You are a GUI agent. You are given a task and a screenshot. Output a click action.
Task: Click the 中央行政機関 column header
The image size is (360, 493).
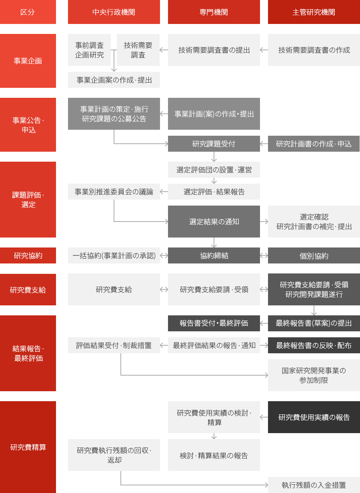tap(114, 12)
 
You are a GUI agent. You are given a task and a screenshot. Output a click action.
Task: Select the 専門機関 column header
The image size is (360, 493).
tap(214, 12)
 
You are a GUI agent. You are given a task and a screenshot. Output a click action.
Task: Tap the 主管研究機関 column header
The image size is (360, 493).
tap(314, 12)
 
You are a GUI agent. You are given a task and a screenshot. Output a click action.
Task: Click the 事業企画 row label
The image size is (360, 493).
tap(28, 61)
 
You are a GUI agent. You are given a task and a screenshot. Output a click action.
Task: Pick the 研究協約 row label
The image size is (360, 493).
tap(28, 255)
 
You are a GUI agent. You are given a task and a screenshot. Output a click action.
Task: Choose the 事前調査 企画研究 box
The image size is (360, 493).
tap(89, 50)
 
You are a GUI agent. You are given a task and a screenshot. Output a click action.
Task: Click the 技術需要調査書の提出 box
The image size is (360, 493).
tap(214, 50)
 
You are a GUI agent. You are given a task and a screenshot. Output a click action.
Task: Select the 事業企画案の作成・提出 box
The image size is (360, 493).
tap(114, 80)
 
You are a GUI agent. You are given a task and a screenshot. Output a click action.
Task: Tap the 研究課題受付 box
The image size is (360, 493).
tap(214, 143)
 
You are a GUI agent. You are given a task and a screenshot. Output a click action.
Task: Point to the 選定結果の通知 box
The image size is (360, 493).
tap(214, 222)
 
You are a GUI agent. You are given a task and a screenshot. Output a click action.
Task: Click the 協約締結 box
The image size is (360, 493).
tap(214, 255)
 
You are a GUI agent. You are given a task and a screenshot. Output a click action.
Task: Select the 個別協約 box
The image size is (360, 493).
tap(314, 255)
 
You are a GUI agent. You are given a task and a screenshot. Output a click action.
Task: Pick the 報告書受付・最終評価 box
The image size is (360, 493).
tap(214, 323)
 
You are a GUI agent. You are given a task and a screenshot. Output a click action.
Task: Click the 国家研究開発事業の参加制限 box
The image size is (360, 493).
tap(314, 375)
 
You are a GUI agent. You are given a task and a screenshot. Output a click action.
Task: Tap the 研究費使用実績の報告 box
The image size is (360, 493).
tap(314, 417)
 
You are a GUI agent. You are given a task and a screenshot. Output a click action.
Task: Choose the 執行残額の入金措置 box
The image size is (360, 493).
tap(314, 485)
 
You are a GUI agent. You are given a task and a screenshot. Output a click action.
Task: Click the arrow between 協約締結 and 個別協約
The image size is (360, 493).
tap(264, 255)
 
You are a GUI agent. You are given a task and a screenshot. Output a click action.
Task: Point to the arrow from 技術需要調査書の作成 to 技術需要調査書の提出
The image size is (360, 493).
tap(264, 50)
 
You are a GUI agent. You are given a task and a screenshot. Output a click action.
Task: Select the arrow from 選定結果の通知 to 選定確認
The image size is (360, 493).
tap(264, 222)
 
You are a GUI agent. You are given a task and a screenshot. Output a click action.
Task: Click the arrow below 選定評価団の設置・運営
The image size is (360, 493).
tap(214, 180)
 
